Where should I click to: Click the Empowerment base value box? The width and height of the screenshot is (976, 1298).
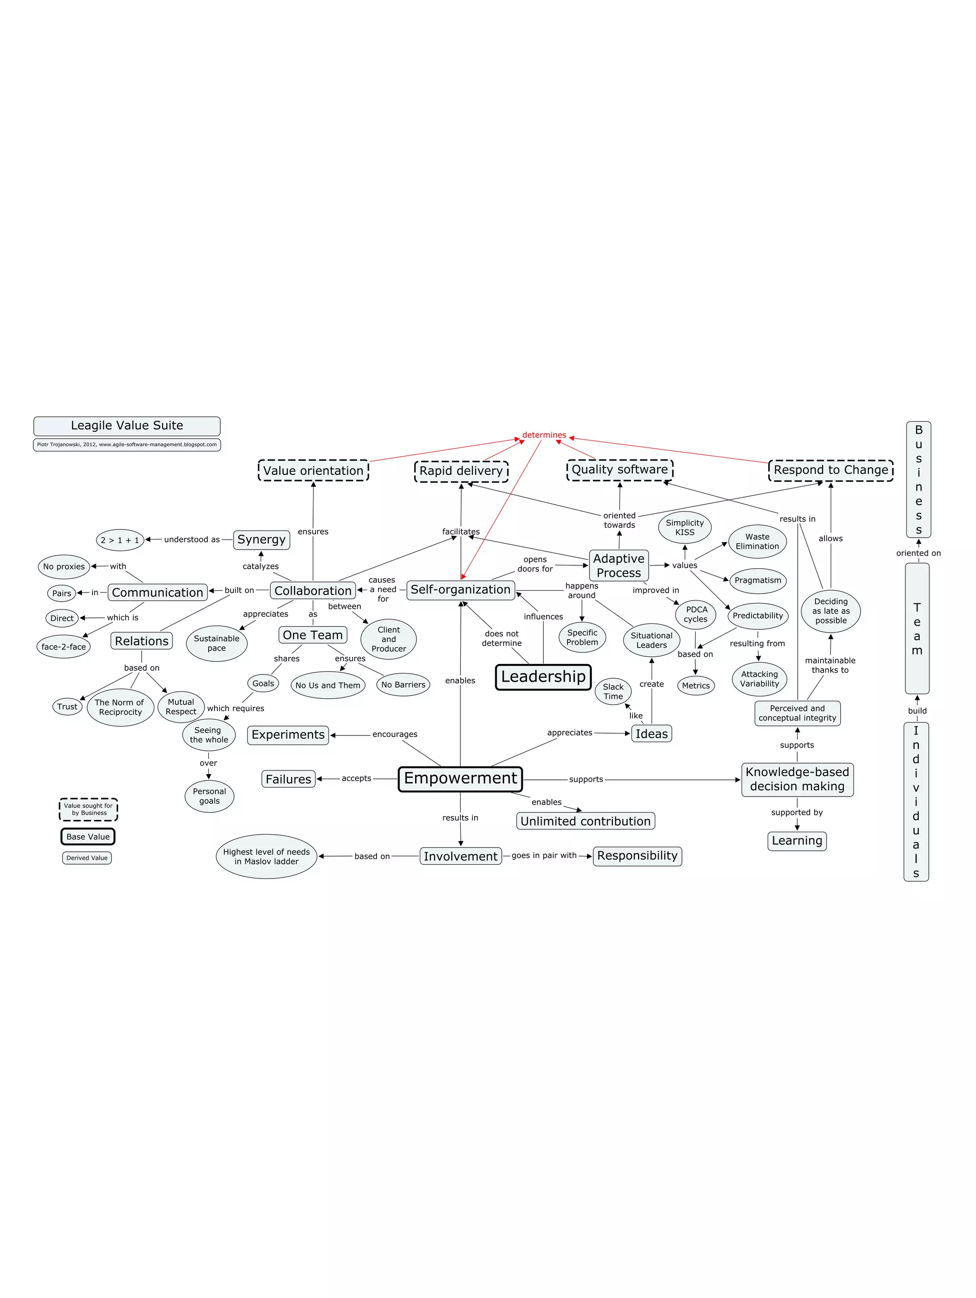pyautogui.click(x=460, y=779)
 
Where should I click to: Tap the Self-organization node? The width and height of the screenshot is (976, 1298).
pyautogui.click(x=460, y=590)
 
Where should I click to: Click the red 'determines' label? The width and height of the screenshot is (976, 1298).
pyautogui.click(x=544, y=435)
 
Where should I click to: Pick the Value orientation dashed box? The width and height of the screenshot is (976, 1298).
pyautogui.click(x=313, y=470)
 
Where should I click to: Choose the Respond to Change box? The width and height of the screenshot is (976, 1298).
pyautogui.click(x=831, y=470)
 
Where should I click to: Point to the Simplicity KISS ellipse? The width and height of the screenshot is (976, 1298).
pyautogui.click(x=684, y=528)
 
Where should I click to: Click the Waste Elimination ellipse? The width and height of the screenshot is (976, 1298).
pyautogui.click(x=757, y=541)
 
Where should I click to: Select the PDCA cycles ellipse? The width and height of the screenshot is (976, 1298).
pyautogui.click(x=696, y=614)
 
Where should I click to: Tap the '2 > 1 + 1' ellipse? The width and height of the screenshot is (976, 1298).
pyautogui.click(x=120, y=540)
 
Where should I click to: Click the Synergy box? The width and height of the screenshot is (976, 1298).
pyautogui.click(x=262, y=539)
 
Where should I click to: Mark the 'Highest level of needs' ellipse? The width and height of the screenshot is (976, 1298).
pyautogui.click(x=266, y=856)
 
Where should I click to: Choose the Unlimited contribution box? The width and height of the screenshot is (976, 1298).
pyautogui.click(x=585, y=821)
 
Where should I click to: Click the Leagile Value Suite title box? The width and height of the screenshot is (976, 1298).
pyautogui.click(x=127, y=425)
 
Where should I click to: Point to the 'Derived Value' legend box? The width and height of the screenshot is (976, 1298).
pyautogui.click(x=87, y=858)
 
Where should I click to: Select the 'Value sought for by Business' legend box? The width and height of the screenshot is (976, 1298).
pyautogui.click(x=88, y=809)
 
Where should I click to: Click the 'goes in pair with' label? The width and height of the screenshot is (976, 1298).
pyautogui.click(x=544, y=856)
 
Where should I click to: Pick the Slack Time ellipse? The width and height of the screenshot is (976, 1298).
pyautogui.click(x=613, y=691)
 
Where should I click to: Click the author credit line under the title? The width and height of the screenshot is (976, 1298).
pyautogui.click(x=127, y=444)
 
